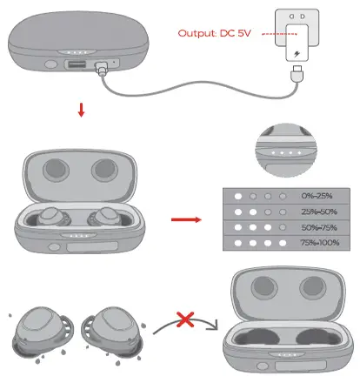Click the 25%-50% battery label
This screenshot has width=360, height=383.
317,212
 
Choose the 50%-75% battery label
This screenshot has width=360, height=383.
317,227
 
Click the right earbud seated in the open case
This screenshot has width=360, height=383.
105,218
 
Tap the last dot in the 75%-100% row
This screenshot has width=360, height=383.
283,243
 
